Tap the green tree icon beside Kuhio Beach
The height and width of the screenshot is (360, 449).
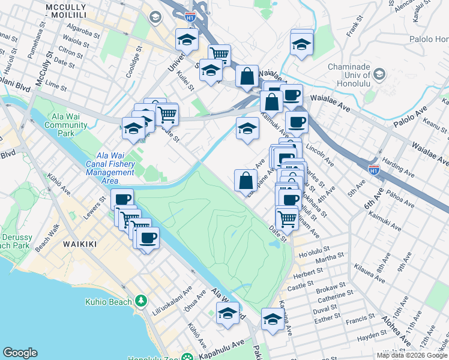click(x=141, y=300)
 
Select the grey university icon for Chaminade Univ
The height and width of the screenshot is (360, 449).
click(x=379, y=74)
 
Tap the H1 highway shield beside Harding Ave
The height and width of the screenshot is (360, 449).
click(x=375, y=170)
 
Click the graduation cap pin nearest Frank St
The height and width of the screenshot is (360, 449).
click(x=301, y=44)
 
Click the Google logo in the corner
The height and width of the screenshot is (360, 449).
click(x=20, y=353)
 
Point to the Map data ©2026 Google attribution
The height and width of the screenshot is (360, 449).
click(x=412, y=355)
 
